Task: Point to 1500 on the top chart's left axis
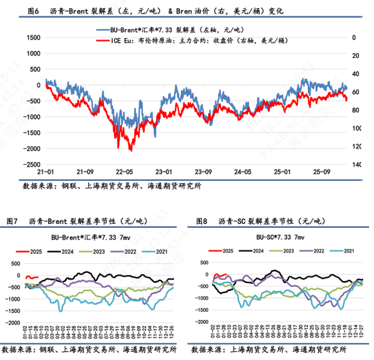(30, 37)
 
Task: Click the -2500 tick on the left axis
(29, 164)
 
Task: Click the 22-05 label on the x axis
(124, 171)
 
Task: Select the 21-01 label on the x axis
(46, 171)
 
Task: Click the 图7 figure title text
(81, 221)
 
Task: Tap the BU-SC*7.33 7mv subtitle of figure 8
(279, 237)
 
